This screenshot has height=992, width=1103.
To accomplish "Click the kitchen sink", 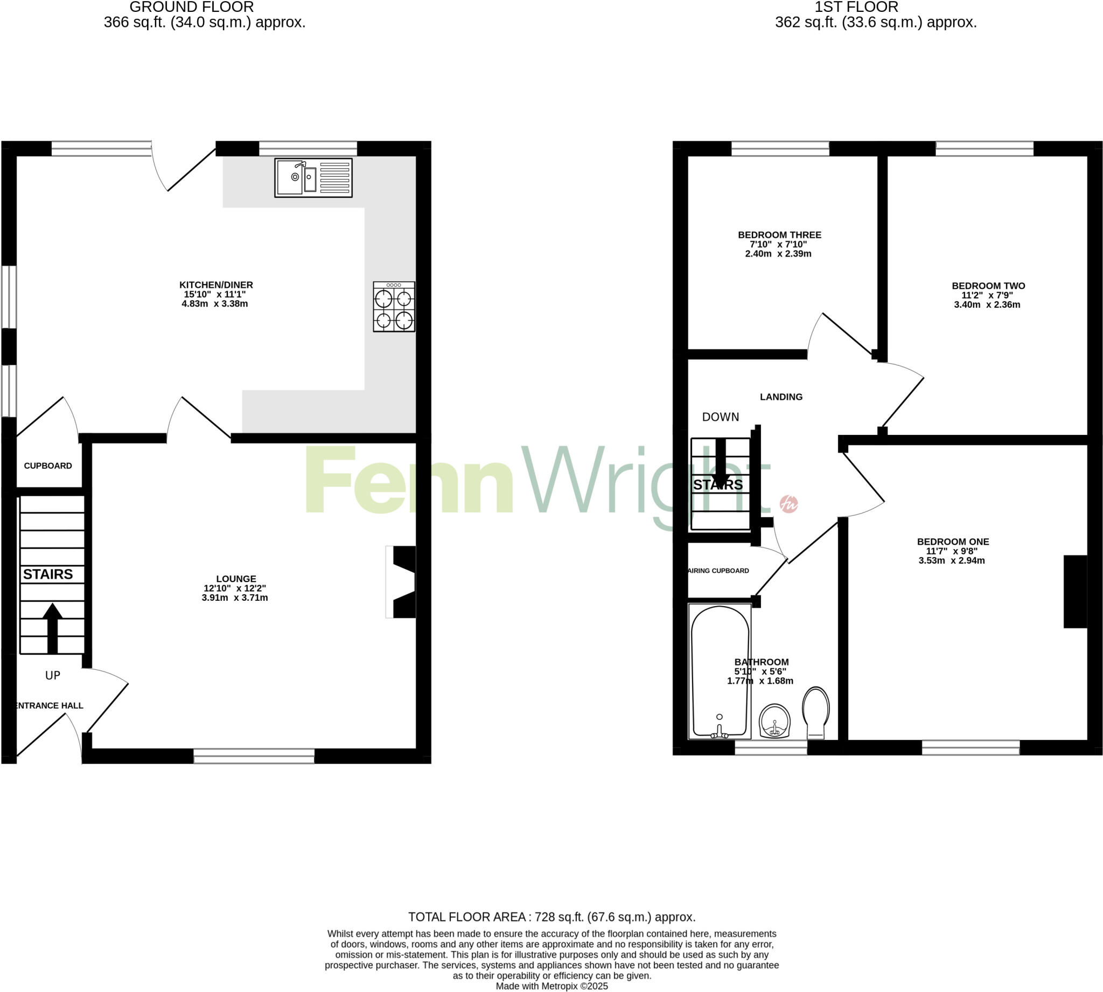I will point(313,178).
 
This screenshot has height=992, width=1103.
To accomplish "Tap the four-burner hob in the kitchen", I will point(394,307).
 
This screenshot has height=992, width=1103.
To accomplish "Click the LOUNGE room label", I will point(236,579).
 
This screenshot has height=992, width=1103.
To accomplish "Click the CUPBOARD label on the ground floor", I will point(48,466).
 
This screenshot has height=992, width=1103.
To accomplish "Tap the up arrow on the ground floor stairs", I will point(52,627).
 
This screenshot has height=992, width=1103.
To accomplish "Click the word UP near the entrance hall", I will point(53,676).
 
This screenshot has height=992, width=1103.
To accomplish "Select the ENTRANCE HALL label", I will point(49,706).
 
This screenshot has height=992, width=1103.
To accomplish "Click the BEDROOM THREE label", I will point(779,235).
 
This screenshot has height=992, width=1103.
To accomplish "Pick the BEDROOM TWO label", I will point(988,286).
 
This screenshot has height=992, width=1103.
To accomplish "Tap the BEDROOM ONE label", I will point(953,542).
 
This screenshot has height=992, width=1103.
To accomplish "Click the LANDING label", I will point(781,397).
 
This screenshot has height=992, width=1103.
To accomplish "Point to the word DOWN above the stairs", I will point(720,417).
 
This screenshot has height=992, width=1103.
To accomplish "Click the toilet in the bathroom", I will point(815,712).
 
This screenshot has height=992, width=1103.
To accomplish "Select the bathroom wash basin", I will point(774,720).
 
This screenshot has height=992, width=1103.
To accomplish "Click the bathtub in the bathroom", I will point(720,671).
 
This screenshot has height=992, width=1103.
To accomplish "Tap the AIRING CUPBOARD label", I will point(719,571).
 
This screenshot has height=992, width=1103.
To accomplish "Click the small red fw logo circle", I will point(788,504).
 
